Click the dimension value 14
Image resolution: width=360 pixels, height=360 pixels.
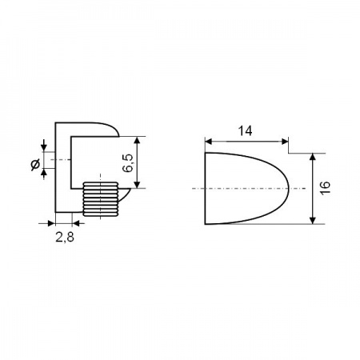[x=245, y=131]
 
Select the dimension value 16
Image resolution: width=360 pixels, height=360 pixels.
[x=326, y=188]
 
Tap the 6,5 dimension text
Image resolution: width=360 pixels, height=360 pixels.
[x=128, y=163]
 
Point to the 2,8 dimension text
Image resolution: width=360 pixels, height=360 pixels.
[x=65, y=237]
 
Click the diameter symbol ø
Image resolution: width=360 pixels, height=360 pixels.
[x=35, y=165]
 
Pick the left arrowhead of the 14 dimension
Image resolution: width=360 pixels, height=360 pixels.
[x=208, y=142]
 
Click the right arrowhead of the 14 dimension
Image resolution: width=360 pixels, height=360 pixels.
[x=285, y=142]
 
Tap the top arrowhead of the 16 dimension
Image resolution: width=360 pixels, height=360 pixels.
[x=313, y=157]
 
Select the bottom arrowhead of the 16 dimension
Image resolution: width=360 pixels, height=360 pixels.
[x=313, y=221]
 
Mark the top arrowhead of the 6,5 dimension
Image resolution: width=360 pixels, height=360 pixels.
[x=137, y=140]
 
